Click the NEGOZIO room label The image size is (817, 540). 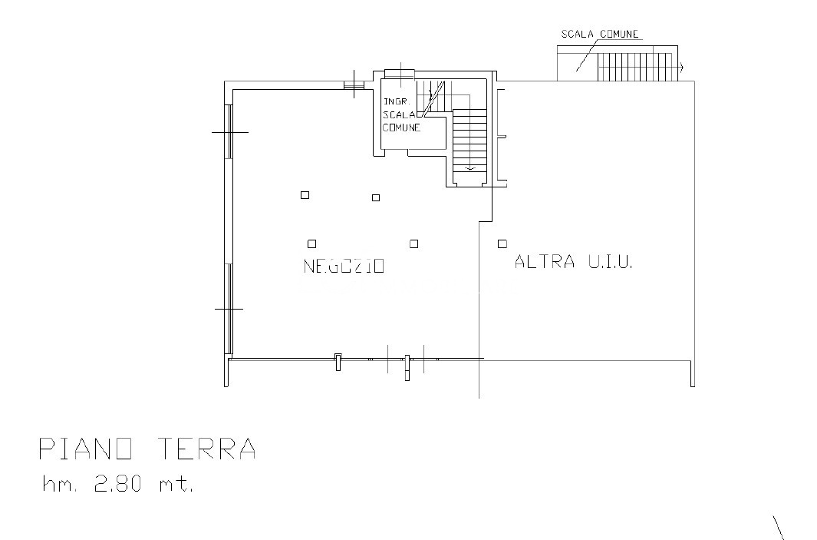344,266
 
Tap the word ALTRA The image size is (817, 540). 545,261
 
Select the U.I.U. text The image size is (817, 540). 611,261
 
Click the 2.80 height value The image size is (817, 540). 118,485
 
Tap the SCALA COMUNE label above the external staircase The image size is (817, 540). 600,34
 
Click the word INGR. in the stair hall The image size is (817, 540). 397,101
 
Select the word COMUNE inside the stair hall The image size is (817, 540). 402,128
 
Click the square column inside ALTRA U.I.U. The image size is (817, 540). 502,243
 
